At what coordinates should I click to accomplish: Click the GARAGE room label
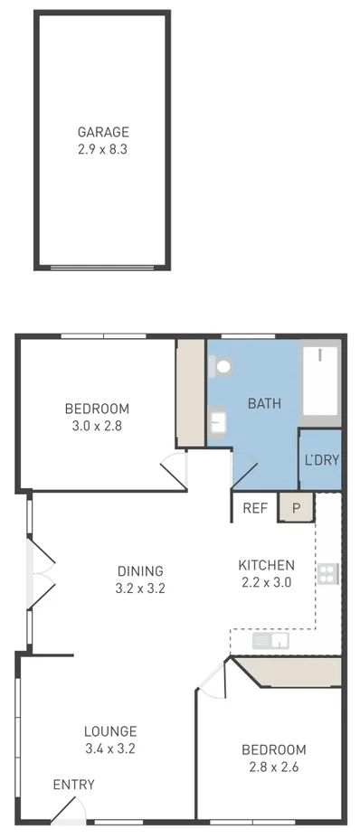click(102, 132)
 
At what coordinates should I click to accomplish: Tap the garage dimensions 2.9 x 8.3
click(102, 149)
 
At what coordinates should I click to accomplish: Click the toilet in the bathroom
click(221, 367)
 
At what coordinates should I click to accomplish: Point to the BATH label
click(264, 403)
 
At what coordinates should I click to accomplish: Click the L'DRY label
click(321, 460)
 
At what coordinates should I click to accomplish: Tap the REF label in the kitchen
click(255, 508)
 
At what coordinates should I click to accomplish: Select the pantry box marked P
click(296, 508)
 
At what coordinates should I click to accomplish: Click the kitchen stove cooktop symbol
click(327, 573)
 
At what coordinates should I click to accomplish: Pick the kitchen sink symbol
click(270, 641)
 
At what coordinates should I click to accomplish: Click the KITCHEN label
click(265, 565)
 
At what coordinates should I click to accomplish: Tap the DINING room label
click(140, 570)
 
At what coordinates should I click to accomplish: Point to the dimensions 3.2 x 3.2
click(140, 588)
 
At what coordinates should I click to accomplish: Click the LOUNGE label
click(110, 730)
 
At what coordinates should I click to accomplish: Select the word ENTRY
click(73, 785)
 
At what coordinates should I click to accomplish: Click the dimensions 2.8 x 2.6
click(273, 767)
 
